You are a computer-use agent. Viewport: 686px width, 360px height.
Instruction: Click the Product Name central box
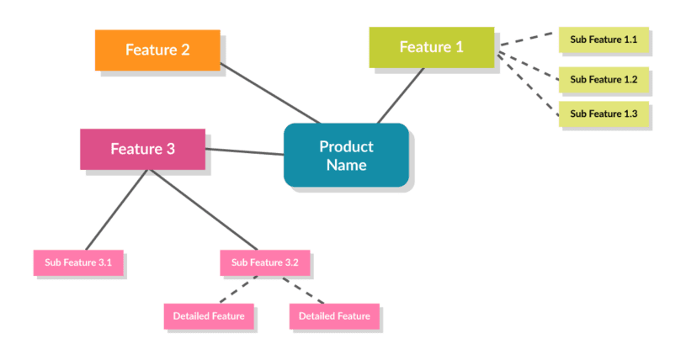pyautogui.click(x=346, y=155)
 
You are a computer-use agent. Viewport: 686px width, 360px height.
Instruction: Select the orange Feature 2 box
pyautogui.click(x=157, y=50)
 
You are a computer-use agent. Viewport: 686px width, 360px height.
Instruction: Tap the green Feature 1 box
pyautogui.click(x=431, y=47)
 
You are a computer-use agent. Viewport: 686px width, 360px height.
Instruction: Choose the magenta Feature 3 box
pyautogui.click(x=143, y=149)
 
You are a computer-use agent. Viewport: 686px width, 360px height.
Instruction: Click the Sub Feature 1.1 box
pyautogui.click(x=603, y=40)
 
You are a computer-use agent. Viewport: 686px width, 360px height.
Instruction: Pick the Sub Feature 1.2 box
pyautogui.click(x=603, y=79)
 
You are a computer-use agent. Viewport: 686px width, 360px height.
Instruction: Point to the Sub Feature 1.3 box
pyautogui.click(x=603, y=114)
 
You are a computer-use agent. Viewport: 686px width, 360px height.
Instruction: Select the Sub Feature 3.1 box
pyautogui.click(x=78, y=262)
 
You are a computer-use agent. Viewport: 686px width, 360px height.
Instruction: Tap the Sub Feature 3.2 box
pyautogui.click(x=265, y=262)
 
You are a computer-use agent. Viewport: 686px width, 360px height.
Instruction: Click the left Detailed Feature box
pyautogui.click(x=209, y=316)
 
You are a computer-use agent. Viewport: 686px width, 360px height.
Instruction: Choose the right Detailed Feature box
pyautogui.click(x=334, y=316)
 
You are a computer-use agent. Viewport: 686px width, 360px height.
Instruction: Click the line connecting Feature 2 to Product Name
pyautogui.click(x=269, y=93)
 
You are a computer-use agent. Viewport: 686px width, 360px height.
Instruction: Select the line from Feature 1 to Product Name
pyautogui.click(x=401, y=95)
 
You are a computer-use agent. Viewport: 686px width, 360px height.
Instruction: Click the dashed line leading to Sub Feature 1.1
pyautogui.click(x=528, y=40)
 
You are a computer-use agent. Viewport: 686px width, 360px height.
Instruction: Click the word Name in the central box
pyautogui.click(x=346, y=165)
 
